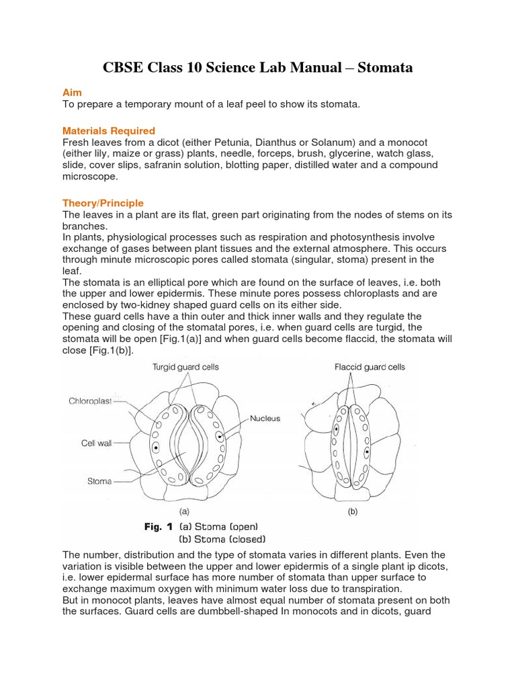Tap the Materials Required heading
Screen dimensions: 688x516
click(108, 130)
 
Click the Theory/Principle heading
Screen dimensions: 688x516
click(103, 203)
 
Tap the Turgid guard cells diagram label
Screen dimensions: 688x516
click(185, 368)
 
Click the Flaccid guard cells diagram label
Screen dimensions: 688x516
click(370, 368)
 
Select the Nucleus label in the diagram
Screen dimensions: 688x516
click(265, 418)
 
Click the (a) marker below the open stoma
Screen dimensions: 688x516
click(183, 510)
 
